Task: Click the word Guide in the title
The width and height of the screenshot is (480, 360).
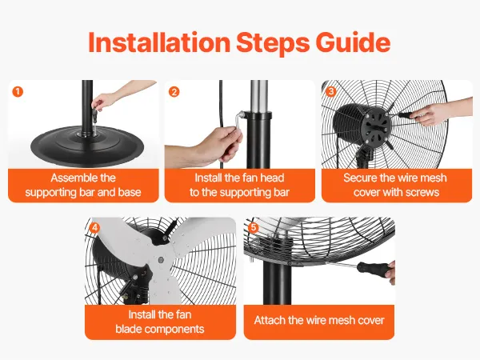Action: [x=353, y=42]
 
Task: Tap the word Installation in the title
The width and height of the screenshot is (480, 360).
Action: [x=159, y=42]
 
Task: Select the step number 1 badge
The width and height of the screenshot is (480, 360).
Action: [x=18, y=91]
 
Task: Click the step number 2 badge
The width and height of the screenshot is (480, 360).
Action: [x=174, y=92]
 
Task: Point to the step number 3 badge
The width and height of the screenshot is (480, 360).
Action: [x=330, y=91]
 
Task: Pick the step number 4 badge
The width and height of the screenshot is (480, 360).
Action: [x=94, y=228]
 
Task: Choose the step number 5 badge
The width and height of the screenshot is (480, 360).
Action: [x=254, y=228]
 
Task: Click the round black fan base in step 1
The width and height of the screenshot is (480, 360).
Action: [x=87, y=146]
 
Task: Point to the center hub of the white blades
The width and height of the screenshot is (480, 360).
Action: [x=160, y=260]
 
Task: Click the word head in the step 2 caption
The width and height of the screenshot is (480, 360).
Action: [x=272, y=178]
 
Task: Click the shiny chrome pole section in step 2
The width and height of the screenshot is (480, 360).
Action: [x=259, y=97]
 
